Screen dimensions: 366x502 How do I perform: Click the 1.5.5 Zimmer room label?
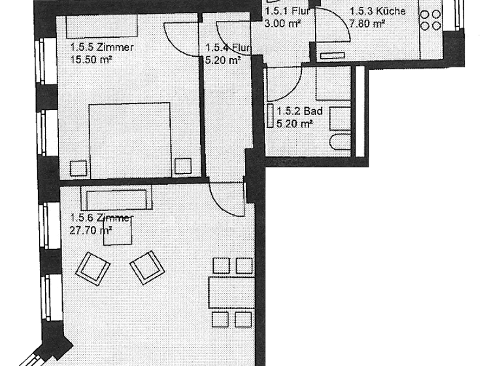(x=101, y=47)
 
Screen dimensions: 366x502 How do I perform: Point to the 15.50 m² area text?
(x=91, y=59)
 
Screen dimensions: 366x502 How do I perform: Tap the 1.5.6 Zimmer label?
(x=101, y=218)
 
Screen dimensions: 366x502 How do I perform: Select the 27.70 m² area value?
(x=90, y=230)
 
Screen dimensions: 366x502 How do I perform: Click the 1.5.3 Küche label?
(x=377, y=11)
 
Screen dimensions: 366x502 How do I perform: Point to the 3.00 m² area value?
(x=282, y=24)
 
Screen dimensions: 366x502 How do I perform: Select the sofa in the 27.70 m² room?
(x=116, y=198)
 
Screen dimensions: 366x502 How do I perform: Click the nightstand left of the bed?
(x=78, y=167)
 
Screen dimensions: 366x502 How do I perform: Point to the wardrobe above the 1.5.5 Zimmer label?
(x=101, y=27)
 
